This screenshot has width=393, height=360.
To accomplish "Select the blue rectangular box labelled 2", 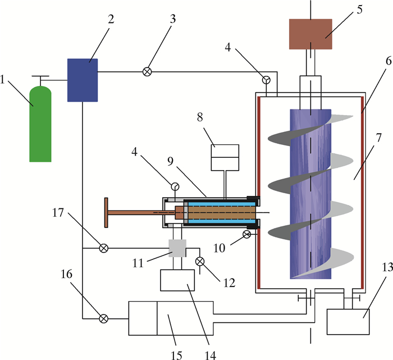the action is click(x=83, y=80).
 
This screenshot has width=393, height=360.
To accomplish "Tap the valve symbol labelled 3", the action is click(x=147, y=72).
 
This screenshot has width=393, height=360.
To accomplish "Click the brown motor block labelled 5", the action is click(x=310, y=34).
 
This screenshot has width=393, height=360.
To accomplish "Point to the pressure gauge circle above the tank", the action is click(x=266, y=80).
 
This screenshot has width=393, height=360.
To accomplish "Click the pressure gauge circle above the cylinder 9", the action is click(x=175, y=186).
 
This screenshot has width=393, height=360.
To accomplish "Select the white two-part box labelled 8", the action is click(x=225, y=158).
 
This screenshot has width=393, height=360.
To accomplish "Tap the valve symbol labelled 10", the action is click(x=246, y=234).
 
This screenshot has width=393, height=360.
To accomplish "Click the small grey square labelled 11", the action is click(x=177, y=248).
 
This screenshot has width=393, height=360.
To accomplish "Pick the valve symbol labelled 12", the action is click(x=199, y=262).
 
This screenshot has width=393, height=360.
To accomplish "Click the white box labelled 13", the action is click(x=348, y=322).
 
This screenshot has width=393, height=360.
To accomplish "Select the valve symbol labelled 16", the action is click(x=104, y=318).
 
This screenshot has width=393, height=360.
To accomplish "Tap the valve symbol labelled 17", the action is click(x=104, y=248).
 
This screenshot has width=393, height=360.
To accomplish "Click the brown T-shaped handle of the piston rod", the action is click(x=106, y=213).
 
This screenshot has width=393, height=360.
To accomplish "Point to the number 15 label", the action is click(x=176, y=356).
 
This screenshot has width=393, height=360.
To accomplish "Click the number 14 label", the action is click(x=210, y=356).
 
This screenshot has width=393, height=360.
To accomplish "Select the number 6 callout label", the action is click(x=389, y=61).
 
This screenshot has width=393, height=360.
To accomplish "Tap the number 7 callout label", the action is click(x=378, y=138).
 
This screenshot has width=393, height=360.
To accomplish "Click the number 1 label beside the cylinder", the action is click(x=3, y=80).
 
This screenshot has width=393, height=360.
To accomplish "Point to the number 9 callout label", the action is click(x=171, y=162).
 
